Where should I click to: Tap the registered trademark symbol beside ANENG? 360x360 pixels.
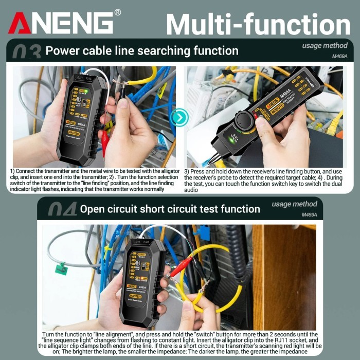tap(117, 12)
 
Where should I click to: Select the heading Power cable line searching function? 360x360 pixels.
tap(142, 51)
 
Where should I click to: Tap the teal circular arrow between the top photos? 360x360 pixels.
tap(179, 118)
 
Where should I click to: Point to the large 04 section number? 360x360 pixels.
tap(62, 209)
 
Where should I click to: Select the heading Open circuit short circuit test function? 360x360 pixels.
tap(170, 209)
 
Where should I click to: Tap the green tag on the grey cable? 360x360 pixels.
tap(61, 267)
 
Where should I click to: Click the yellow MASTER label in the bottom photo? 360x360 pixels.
tap(133, 297)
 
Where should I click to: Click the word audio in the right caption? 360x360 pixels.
tap(191, 190)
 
